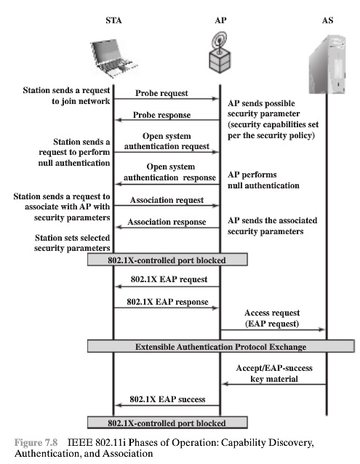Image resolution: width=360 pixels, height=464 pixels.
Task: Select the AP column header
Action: point(220,21)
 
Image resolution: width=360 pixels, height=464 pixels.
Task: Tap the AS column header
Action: point(327,21)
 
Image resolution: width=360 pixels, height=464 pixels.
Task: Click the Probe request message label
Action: point(161,93)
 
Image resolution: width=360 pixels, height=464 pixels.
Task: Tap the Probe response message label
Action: point(161,115)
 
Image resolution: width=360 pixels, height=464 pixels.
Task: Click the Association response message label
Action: point(167,222)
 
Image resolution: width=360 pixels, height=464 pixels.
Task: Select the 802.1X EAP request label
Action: point(169,279)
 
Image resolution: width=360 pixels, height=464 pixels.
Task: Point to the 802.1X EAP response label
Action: point(167,301)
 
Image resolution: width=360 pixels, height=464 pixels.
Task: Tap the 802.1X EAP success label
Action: point(167,399)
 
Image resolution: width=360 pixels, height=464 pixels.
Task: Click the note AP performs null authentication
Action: point(263,180)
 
